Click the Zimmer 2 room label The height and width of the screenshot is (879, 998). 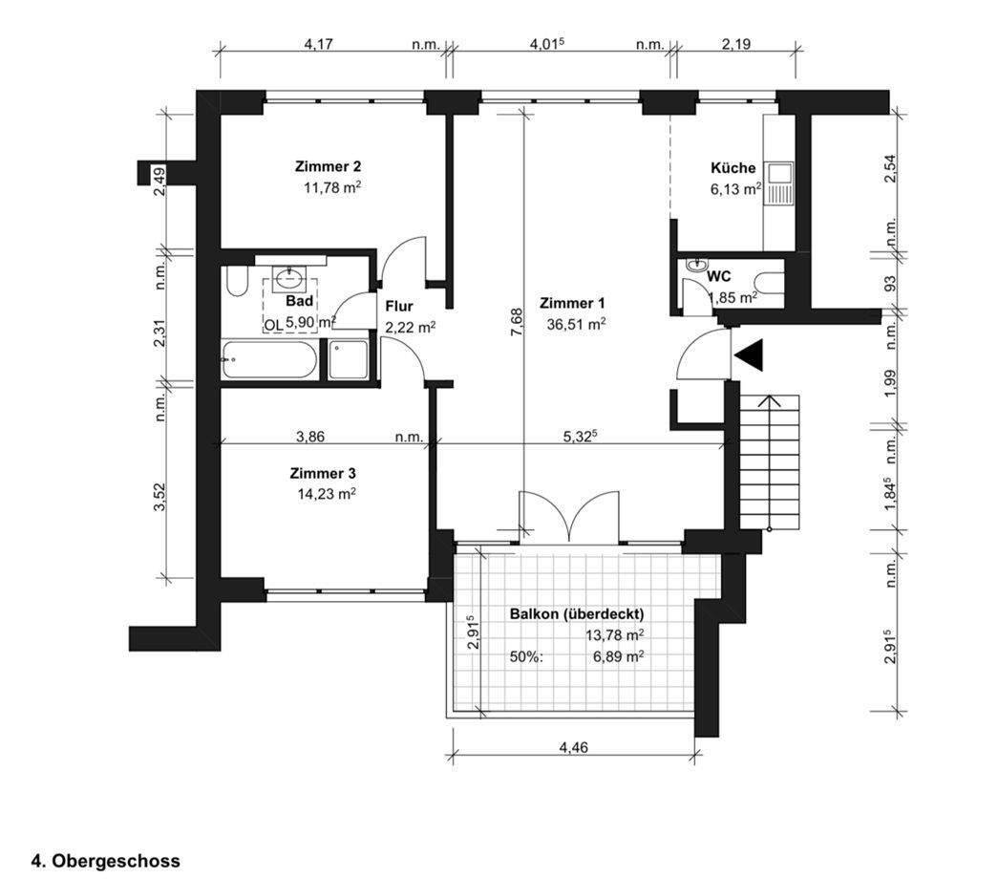[x=328, y=165]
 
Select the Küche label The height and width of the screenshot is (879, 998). [x=733, y=167]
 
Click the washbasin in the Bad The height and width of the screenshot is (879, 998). [x=287, y=279]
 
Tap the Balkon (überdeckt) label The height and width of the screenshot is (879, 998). [x=577, y=613]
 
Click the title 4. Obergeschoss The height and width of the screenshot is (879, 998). [x=105, y=860]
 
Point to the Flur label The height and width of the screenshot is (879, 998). [x=398, y=307]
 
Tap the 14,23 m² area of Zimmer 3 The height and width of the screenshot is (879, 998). [x=328, y=494]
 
